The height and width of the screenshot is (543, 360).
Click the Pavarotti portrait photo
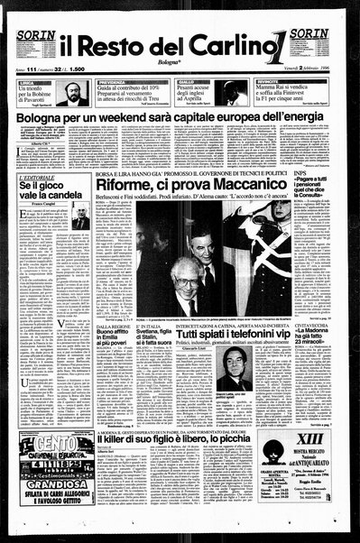click(73, 93)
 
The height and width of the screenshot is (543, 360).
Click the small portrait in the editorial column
click(80, 218)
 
